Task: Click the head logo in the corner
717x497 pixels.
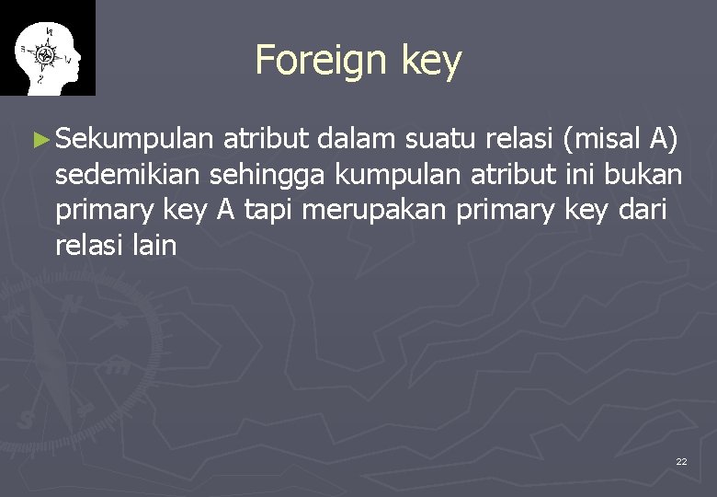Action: point(47,48)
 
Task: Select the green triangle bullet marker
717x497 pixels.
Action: point(40,141)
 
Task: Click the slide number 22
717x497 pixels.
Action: point(681,461)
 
